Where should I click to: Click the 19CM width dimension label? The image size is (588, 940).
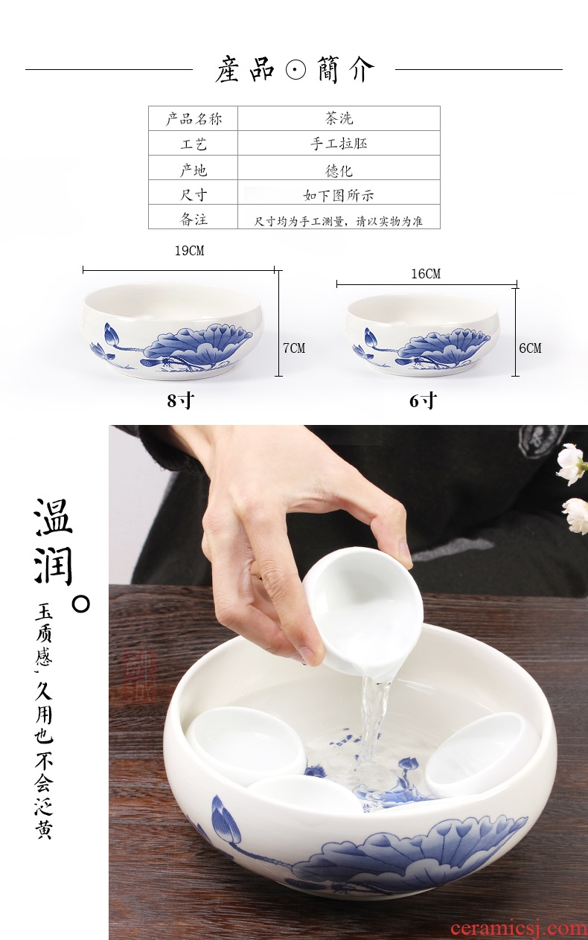tap(189, 251)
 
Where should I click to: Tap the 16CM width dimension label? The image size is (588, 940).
tap(426, 274)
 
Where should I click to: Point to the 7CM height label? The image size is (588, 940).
tap(294, 348)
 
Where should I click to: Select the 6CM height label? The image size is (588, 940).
tap(530, 348)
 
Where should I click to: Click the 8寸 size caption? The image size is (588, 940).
tap(181, 400)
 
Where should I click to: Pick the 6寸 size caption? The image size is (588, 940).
tap(423, 400)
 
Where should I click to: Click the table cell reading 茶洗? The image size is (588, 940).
tap(339, 118)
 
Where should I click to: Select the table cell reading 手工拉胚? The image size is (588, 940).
tap(339, 144)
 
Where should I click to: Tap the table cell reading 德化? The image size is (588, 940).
tap(339, 170)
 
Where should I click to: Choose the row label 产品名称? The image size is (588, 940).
tap(194, 119)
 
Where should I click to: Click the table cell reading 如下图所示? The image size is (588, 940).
tap(339, 195)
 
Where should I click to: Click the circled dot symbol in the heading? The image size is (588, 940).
tap(296, 69)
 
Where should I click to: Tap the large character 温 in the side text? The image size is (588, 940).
tap(54, 517)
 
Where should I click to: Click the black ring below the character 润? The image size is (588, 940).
tap(80, 604)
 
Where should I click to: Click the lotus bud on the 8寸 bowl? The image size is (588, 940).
tap(111, 336)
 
